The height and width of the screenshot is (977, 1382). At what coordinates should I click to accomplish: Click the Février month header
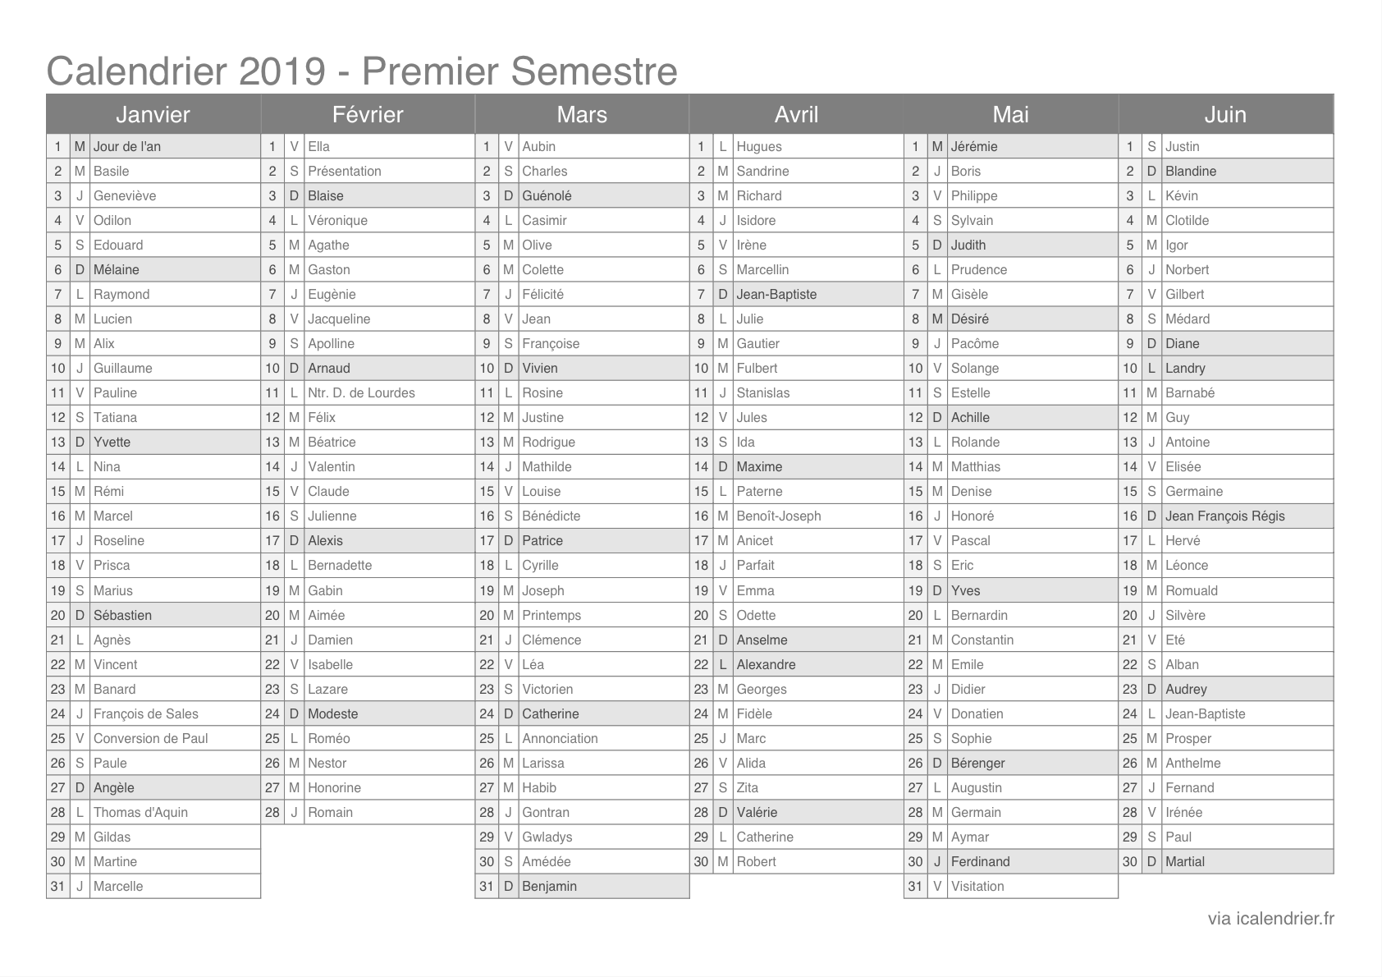pos(368,114)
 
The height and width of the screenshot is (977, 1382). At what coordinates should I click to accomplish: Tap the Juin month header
pos(1225,114)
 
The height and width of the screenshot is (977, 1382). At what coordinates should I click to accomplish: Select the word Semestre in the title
pos(594,71)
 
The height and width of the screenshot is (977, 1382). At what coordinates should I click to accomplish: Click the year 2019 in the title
pos(281,71)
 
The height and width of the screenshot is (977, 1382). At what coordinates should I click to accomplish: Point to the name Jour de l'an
pos(127,146)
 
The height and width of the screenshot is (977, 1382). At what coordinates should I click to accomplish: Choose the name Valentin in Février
pos(332,466)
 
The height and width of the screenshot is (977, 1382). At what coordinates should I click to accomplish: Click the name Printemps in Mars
pos(551,615)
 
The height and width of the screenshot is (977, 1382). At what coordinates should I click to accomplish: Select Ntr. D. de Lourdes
pos(361,392)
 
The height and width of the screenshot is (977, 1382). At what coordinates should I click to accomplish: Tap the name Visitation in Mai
pos(977,886)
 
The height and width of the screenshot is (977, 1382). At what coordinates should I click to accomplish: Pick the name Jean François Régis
pos(1225,516)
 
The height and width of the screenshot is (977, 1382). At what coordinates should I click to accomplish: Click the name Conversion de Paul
pos(151,738)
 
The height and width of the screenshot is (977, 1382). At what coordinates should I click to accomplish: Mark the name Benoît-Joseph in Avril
pos(779,516)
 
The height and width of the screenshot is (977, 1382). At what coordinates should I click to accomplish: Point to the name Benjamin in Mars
pos(549,886)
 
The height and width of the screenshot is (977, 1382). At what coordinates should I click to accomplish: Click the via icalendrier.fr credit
pos(1270,918)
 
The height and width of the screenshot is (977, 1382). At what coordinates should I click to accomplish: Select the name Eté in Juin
pos(1175,640)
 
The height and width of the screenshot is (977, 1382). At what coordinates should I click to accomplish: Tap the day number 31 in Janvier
pos(57,886)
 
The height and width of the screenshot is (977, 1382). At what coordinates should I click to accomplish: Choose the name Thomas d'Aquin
pos(140,812)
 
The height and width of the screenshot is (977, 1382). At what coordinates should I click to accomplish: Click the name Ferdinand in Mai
pos(981,861)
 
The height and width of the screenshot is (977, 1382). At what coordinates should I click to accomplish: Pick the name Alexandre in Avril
pos(766,664)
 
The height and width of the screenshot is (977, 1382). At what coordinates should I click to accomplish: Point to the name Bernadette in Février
pos(340,565)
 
